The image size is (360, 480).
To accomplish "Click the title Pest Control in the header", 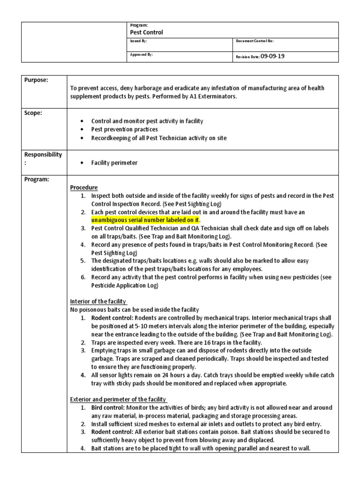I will click(x=146, y=32).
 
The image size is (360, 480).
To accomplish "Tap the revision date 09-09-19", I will click(x=273, y=56).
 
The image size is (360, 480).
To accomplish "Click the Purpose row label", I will click(x=37, y=80).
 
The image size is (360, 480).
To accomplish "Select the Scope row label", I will click(x=33, y=113).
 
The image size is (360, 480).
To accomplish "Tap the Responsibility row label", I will click(x=43, y=155).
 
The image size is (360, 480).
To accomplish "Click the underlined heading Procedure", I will click(x=84, y=187).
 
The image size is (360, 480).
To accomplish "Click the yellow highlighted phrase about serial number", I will click(x=145, y=219).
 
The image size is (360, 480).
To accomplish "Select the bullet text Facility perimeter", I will click(x=114, y=162).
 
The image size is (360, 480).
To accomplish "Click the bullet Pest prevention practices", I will click(x=124, y=129).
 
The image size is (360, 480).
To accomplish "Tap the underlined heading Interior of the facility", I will click(x=98, y=301).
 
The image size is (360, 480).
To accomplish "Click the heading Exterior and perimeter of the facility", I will click(x=118, y=399).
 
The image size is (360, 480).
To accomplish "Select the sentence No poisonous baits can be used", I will click(x=134, y=309).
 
